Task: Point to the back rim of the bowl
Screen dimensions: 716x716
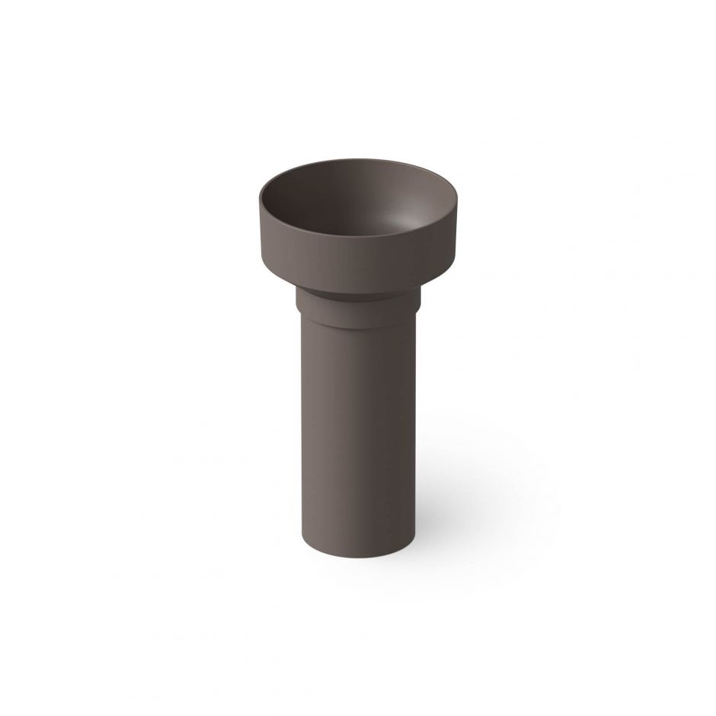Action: pyautogui.click(x=358, y=162)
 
